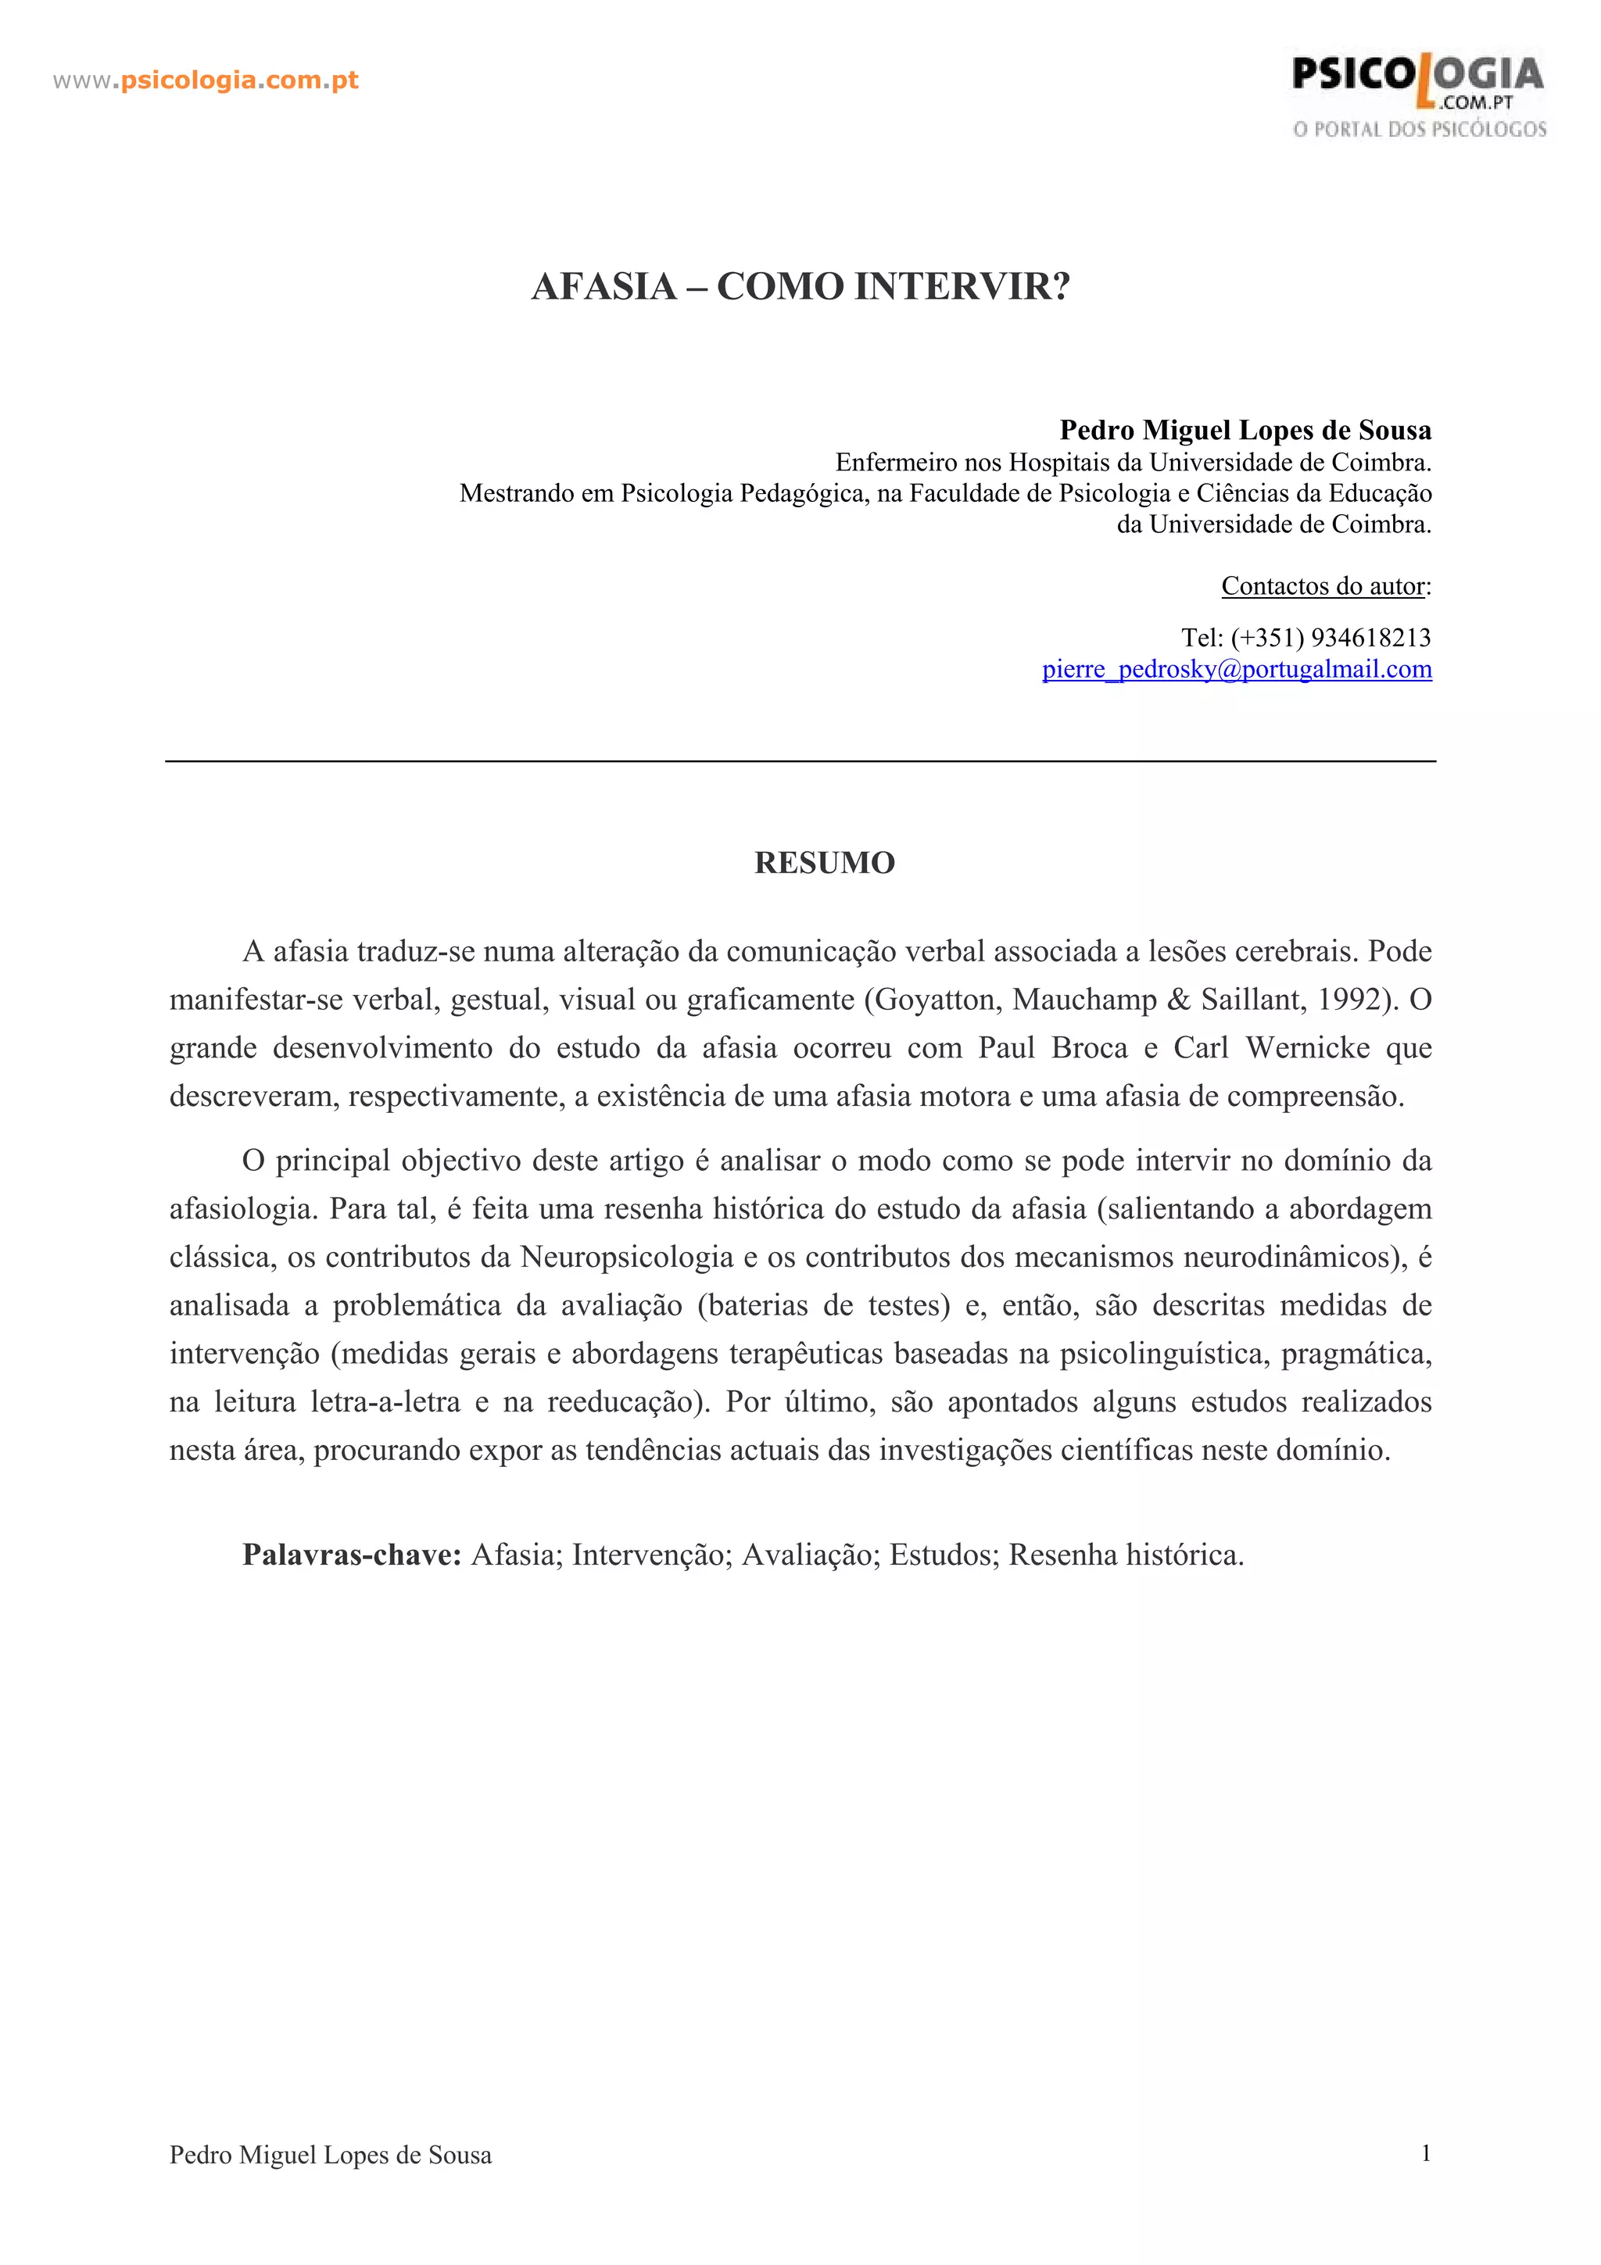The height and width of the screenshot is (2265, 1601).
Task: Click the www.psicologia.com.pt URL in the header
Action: click(205, 80)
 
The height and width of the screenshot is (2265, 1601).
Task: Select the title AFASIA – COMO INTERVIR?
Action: click(800, 286)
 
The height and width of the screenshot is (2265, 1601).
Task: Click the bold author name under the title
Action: click(1245, 430)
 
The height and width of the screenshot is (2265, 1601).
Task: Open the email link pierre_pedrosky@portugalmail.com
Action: click(1237, 669)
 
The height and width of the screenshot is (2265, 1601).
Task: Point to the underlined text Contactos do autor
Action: click(1323, 586)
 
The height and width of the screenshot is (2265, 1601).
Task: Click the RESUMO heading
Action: click(825, 862)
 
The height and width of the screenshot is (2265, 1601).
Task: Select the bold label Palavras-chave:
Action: click(352, 1555)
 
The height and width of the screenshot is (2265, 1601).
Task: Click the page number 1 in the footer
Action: click(1425, 2153)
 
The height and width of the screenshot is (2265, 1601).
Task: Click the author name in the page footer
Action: click(331, 2156)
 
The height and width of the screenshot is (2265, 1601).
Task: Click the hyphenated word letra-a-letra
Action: click(385, 1402)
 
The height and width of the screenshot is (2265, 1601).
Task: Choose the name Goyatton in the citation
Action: click(935, 1000)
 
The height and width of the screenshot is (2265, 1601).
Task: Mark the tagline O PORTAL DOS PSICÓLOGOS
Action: click(1420, 129)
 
